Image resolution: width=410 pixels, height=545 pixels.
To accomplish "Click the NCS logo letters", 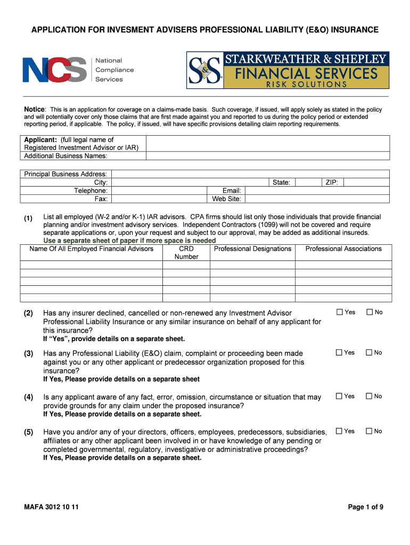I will coord(54,70).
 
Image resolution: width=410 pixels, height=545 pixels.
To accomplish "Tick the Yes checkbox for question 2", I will coord(339,312).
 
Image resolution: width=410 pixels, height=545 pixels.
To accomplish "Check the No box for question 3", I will coord(369,352).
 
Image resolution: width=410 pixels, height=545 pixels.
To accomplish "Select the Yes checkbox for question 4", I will coord(339,396).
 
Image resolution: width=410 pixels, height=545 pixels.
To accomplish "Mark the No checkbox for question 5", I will coord(369,431).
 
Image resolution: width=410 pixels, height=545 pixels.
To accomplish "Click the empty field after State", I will coord(308,183).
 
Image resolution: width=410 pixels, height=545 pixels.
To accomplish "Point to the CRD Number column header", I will coord(186,252).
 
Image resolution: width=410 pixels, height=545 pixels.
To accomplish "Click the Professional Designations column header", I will coord(252,249).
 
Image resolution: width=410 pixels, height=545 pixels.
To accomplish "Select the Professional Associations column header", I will coord(343,249).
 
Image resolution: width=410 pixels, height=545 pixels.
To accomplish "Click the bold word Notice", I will coord(35,109).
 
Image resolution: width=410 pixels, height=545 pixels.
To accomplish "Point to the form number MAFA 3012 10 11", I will coord(51,507).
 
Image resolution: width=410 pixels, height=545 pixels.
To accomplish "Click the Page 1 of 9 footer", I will coord(366,507).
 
